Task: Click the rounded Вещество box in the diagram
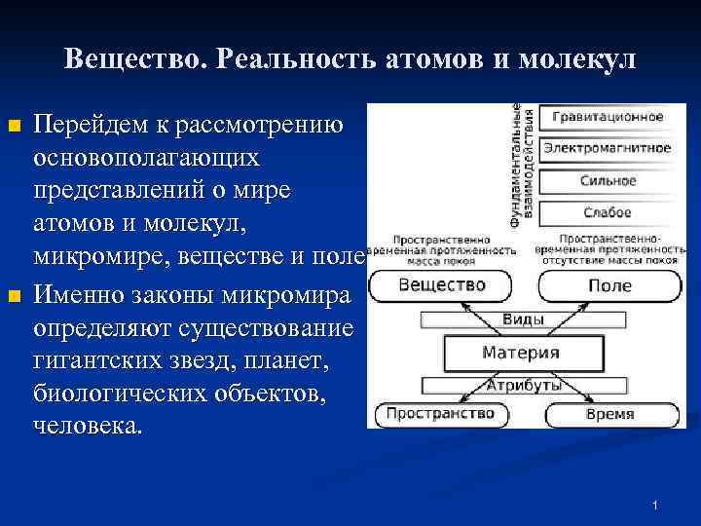442,285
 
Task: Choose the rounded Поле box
609,286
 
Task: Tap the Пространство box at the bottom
439,414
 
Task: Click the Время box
609,415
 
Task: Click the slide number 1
656,505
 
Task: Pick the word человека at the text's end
88,426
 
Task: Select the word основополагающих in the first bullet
146,156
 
